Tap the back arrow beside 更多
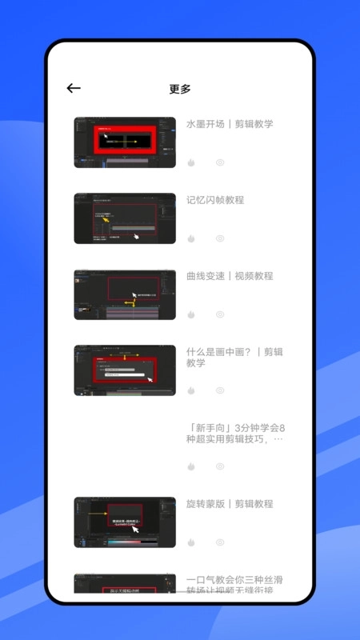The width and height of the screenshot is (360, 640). pyautogui.click(x=74, y=89)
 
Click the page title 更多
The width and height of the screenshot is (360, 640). pyautogui.click(x=180, y=89)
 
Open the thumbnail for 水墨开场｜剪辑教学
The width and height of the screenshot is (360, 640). pyautogui.click(x=125, y=142)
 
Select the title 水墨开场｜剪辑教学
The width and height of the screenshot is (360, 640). pyautogui.click(x=230, y=124)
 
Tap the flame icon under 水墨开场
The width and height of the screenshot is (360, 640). pyautogui.click(x=191, y=162)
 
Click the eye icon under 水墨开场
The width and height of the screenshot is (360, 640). pyautogui.click(x=220, y=162)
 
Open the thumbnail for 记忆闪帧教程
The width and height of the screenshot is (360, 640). pyautogui.click(x=125, y=218)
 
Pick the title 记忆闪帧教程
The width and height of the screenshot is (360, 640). pyautogui.click(x=215, y=200)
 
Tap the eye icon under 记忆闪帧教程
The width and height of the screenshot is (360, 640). pyautogui.click(x=220, y=238)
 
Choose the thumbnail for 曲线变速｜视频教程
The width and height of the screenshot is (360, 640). pyautogui.click(x=125, y=294)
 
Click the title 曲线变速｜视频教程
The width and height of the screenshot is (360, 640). pyautogui.click(x=230, y=276)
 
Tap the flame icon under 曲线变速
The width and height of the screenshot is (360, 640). pyautogui.click(x=191, y=314)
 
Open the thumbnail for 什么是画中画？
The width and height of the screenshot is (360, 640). pyautogui.click(x=125, y=370)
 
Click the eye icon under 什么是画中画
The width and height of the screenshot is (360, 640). pyautogui.click(x=220, y=390)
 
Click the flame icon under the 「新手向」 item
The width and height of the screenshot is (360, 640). pyautogui.click(x=191, y=466)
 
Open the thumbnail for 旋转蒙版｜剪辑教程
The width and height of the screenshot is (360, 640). pyautogui.click(x=125, y=522)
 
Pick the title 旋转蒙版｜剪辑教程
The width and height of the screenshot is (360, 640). pyautogui.click(x=230, y=504)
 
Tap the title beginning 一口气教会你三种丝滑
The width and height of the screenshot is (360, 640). pyautogui.click(x=234, y=585)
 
